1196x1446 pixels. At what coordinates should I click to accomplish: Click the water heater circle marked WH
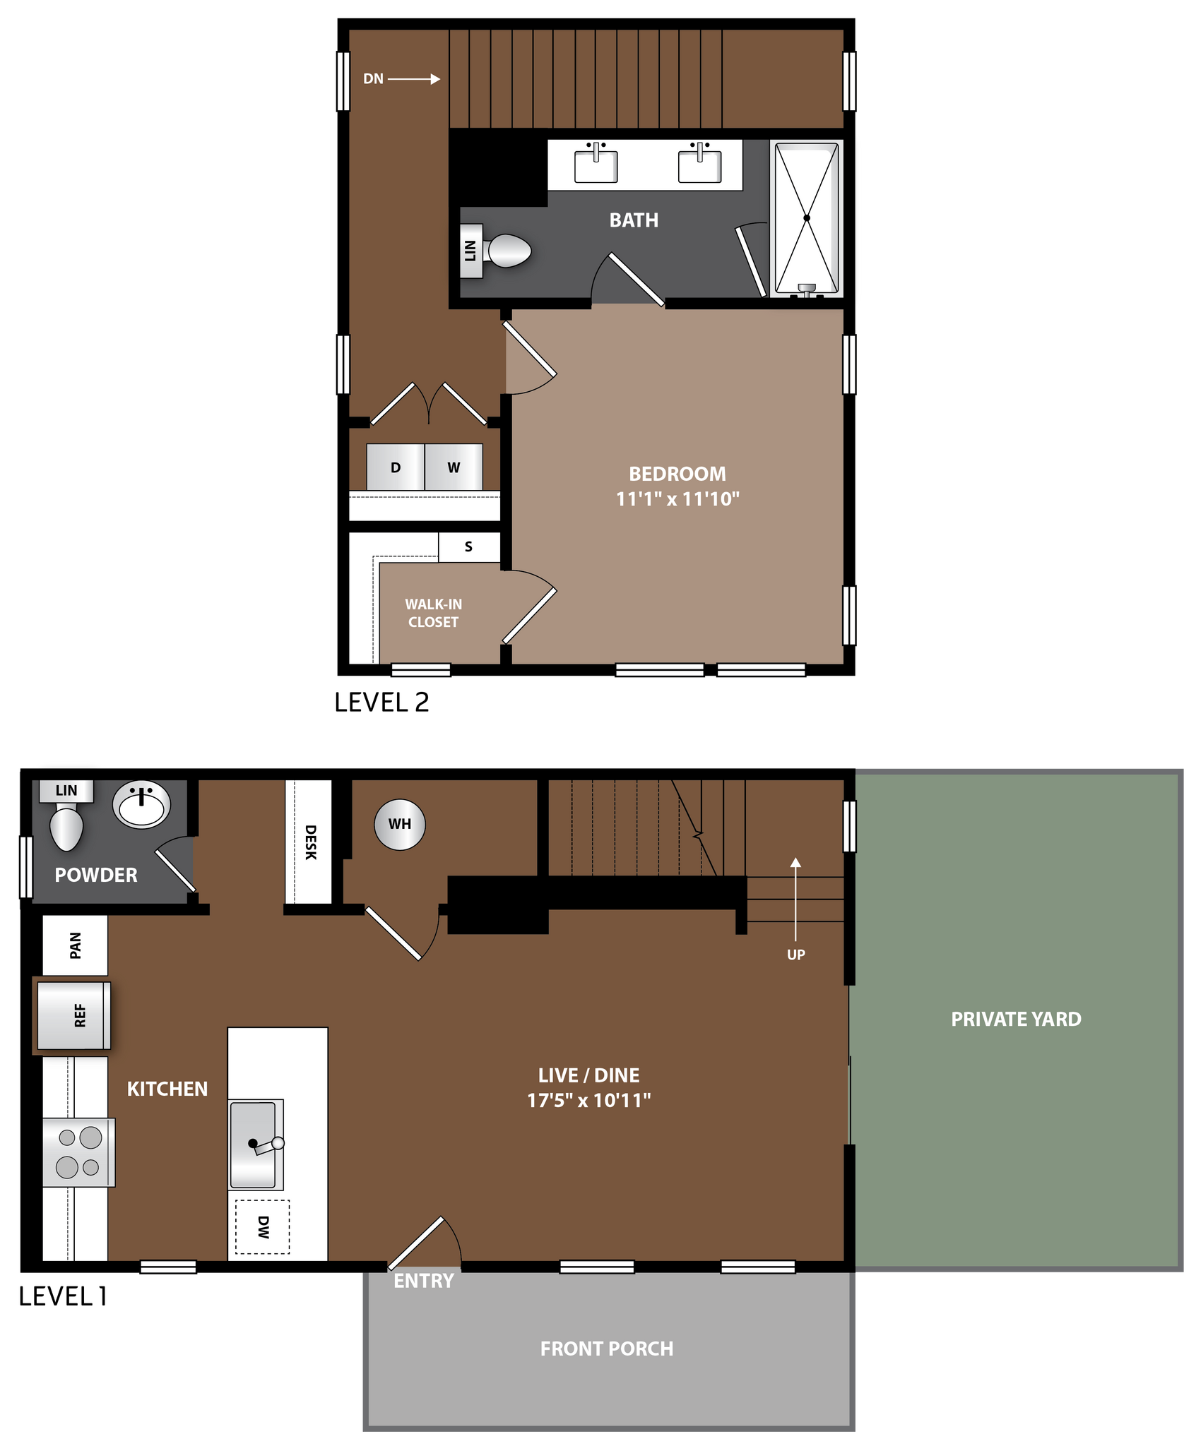tap(400, 824)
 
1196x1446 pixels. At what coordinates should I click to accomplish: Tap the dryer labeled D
tap(396, 467)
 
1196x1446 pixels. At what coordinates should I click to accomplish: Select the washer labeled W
tap(454, 467)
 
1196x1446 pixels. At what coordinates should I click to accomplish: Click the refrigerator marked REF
tap(73, 1015)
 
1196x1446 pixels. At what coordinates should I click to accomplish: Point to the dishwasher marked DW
tap(262, 1227)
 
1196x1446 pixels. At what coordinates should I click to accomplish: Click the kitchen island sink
tap(255, 1143)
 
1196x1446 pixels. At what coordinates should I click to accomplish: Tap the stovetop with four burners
tap(78, 1152)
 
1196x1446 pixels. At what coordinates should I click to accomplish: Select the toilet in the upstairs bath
tap(508, 251)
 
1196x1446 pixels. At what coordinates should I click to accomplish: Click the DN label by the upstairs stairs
tap(373, 79)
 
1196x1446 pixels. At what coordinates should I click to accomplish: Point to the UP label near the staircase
tap(796, 955)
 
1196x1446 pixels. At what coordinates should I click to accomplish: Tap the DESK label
tap(310, 842)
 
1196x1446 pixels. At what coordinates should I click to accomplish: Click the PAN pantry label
tap(76, 945)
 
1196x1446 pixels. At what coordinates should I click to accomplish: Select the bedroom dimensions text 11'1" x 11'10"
tap(677, 499)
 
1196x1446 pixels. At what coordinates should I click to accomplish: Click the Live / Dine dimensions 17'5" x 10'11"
tap(588, 1100)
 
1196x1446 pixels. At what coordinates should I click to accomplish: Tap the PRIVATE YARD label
tap(1016, 1019)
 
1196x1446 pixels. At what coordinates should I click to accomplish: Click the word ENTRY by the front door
tap(423, 1281)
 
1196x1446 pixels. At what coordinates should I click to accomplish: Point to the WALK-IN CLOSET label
tap(433, 613)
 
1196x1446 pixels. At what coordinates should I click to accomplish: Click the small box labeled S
tap(468, 546)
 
